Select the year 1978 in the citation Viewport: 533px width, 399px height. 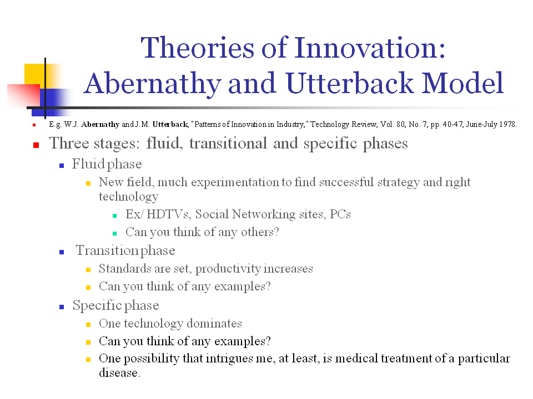point(507,124)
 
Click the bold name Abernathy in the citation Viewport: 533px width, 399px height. point(100,124)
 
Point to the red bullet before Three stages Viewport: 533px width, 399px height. point(36,145)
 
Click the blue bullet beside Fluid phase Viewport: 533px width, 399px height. point(62,165)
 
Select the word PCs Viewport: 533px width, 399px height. point(340,214)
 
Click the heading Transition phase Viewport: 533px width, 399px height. point(125,250)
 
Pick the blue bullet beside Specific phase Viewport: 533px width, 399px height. point(62,306)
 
